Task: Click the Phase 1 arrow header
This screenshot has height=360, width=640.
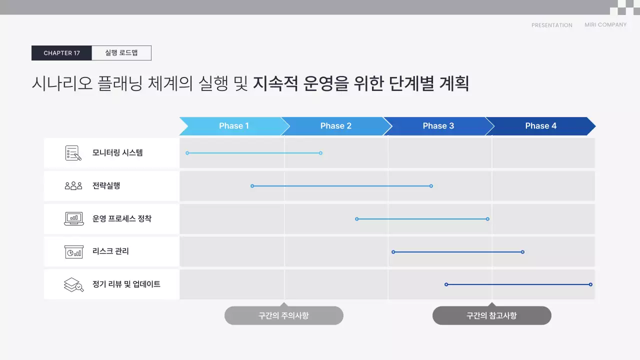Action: coord(233,126)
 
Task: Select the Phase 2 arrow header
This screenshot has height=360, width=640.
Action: coord(335,126)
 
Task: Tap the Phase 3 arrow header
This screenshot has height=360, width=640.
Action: coord(438,126)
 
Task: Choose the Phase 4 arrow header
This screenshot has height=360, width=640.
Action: coord(540,126)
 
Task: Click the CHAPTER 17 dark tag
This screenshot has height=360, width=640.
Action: coord(61,53)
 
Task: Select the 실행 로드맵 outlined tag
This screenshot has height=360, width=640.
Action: coord(121,53)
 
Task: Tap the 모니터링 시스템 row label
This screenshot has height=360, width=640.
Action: coord(117,153)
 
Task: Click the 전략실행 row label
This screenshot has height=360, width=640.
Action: coord(106,186)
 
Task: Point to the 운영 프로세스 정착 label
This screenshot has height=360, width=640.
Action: coord(121,219)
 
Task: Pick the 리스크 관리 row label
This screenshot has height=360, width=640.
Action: coord(110,251)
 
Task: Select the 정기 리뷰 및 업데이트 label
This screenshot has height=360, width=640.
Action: coord(126,284)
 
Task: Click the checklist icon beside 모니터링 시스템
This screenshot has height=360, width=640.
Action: coord(73,153)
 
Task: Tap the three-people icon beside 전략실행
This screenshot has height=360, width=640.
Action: coord(73,186)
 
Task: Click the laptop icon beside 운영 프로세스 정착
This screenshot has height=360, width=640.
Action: coord(73,219)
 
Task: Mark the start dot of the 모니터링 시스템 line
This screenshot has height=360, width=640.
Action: coord(187,153)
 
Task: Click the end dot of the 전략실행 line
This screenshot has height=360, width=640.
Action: coord(431,186)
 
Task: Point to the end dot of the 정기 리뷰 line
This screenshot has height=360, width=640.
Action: coord(590,284)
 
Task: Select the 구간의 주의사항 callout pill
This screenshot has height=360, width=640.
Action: coord(283,315)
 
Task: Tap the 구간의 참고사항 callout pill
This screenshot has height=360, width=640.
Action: coord(491,315)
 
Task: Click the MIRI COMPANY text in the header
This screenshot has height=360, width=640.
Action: coord(605,25)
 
